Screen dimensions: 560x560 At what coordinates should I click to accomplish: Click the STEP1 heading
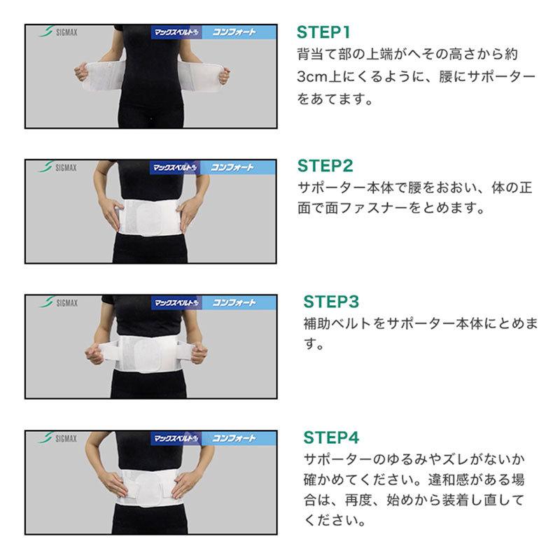[x=323, y=32]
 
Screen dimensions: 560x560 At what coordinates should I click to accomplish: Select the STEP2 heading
[x=325, y=166]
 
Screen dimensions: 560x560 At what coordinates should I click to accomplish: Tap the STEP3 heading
[x=331, y=302]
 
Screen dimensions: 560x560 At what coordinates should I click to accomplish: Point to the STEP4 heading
[x=331, y=437]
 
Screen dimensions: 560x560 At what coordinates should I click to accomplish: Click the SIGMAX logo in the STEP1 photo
[x=58, y=31]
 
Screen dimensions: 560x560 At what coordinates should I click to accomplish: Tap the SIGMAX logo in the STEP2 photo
[x=57, y=167]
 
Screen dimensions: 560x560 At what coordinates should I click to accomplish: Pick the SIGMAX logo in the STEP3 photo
[x=58, y=303]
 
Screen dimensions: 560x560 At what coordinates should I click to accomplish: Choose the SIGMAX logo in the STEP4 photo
[x=58, y=438]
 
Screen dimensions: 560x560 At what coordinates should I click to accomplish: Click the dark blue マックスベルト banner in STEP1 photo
[x=176, y=32]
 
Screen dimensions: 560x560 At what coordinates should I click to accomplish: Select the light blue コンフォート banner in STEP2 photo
[x=238, y=167]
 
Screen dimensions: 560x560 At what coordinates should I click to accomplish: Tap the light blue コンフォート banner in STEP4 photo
[x=239, y=438]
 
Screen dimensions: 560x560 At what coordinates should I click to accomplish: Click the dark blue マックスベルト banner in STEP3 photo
[x=176, y=303]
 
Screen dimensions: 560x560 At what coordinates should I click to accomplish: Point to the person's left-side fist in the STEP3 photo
[x=94, y=352]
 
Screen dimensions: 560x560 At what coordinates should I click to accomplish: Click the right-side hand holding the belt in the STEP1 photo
[x=223, y=75]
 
